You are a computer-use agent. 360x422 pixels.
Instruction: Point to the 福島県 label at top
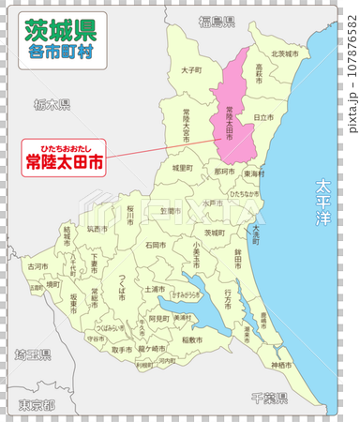tap(216, 21)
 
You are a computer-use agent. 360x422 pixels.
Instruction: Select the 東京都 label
tap(37, 405)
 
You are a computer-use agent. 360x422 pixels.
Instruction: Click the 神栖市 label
tap(280, 364)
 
